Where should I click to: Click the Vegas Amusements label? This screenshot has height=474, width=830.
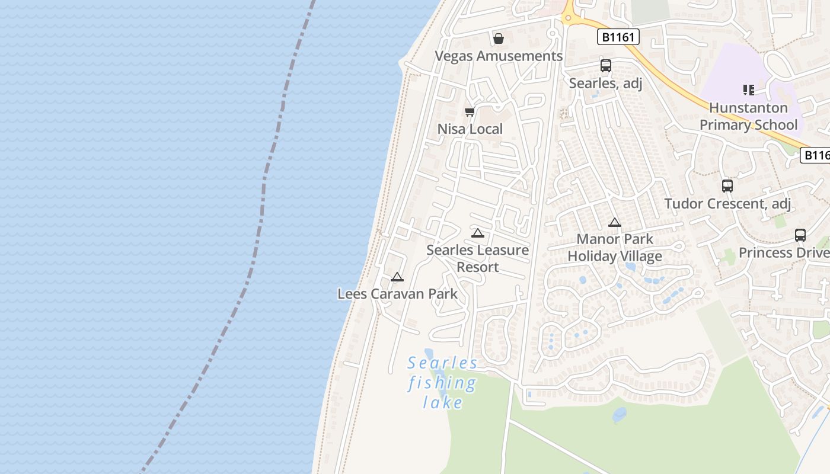point(499,56)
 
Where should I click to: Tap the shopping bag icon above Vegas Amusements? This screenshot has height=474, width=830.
point(499,39)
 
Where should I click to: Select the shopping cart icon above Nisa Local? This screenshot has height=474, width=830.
point(470,111)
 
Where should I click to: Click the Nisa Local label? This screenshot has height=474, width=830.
point(470,129)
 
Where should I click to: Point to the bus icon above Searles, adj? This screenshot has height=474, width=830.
point(605,66)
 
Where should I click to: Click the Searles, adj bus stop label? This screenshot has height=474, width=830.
point(605,83)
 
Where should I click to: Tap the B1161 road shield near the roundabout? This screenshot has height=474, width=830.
point(618,37)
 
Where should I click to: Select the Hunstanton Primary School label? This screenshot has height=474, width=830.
point(748,116)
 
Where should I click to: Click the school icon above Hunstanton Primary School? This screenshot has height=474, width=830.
point(748,90)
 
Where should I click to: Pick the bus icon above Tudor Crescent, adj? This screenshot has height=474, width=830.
point(727,186)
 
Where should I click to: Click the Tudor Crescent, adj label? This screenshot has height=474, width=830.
point(727,203)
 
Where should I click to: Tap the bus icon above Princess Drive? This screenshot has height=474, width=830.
point(800,235)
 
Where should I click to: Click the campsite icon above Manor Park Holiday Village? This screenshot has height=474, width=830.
point(615,223)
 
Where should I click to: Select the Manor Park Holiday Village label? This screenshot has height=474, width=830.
point(615,248)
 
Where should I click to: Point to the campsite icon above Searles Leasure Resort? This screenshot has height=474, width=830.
point(478,233)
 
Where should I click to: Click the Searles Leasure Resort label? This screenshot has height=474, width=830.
point(478,258)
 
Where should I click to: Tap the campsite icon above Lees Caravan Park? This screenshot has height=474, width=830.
point(397,277)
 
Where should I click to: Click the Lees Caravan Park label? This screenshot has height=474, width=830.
point(397,293)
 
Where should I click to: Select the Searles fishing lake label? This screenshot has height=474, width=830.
point(442,383)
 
